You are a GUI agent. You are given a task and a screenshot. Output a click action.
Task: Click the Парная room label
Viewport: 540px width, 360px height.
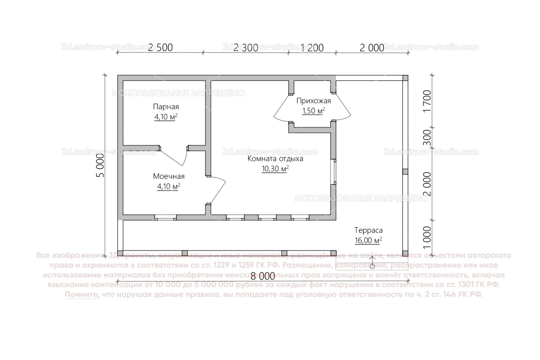166,107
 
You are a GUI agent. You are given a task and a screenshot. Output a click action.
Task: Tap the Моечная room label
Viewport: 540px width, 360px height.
169,176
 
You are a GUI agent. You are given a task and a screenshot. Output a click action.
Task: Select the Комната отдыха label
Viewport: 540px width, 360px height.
275,159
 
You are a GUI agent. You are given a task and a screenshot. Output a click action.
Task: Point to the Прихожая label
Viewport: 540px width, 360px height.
313,101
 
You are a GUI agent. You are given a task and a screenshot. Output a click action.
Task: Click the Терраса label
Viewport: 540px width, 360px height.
368,230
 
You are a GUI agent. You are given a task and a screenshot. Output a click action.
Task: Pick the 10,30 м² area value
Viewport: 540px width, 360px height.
275,169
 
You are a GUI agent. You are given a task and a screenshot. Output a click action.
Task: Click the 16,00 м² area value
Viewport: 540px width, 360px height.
368,240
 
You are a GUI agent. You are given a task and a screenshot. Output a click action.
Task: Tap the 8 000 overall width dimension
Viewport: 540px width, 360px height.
263,276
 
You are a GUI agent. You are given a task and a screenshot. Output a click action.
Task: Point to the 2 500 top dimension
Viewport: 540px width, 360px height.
160,48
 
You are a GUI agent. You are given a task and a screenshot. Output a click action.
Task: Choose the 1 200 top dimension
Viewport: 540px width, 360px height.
312,48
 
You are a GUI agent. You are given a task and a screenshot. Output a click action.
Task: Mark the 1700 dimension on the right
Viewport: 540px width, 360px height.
427,101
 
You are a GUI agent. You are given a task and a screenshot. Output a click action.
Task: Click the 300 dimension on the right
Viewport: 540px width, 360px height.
427,137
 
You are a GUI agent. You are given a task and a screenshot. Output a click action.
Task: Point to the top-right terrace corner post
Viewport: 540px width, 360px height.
405,78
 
